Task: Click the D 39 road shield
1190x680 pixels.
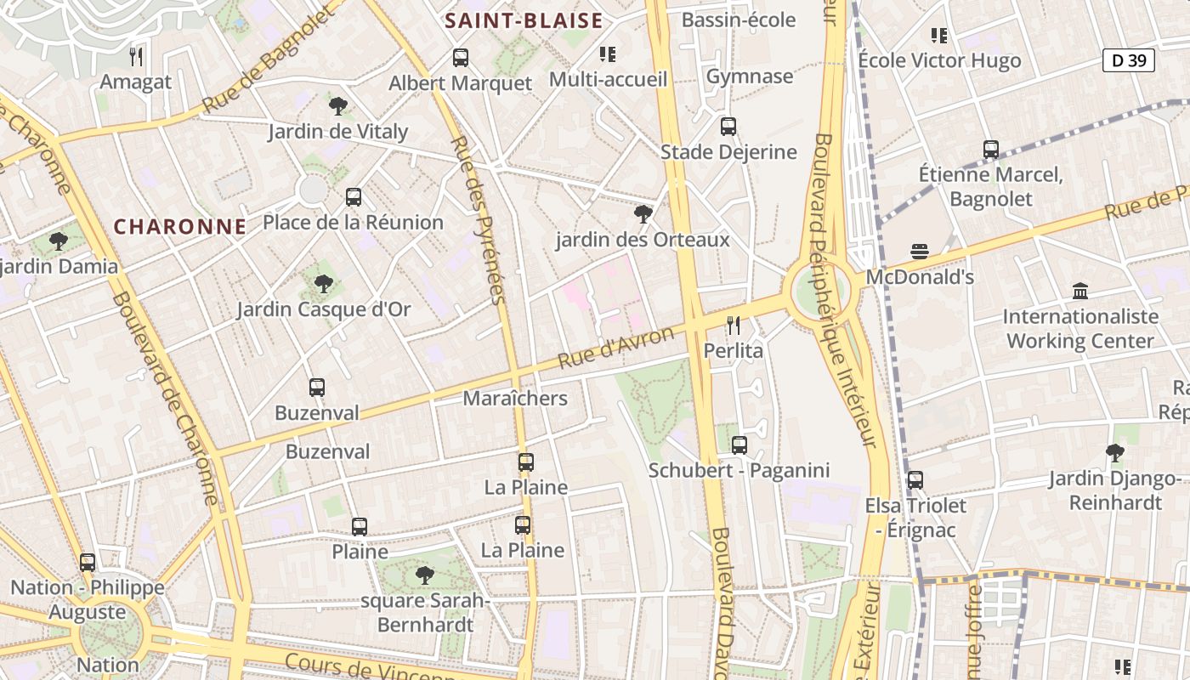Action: [1129, 60]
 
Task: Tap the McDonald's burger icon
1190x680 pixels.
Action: [919, 252]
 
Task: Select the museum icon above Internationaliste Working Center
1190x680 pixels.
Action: [1080, 292]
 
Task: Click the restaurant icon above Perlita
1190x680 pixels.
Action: [734, 325]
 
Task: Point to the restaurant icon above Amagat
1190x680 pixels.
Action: [136, 57]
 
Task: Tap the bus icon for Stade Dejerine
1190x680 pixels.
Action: [728, 127]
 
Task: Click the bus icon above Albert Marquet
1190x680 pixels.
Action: [460, 58]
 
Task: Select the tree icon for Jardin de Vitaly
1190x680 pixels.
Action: [338, 106]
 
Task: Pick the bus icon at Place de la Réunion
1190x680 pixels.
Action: [354, 197]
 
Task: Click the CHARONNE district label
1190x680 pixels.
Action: [180, 227]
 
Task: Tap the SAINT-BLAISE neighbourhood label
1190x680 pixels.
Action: [524, 21]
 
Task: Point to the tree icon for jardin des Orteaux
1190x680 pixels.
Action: [643, 214]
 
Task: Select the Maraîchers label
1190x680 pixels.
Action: [515, 398]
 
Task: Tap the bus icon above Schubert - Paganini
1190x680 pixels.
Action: [739, 445]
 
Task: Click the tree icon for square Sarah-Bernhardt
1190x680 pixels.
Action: [424, 575]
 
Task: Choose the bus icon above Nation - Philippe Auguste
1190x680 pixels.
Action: [88, 562]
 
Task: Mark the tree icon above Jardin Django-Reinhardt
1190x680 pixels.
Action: [1114, 453]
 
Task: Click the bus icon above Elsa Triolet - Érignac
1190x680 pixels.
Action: [915, 480]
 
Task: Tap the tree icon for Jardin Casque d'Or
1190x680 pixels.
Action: [323, 284]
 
